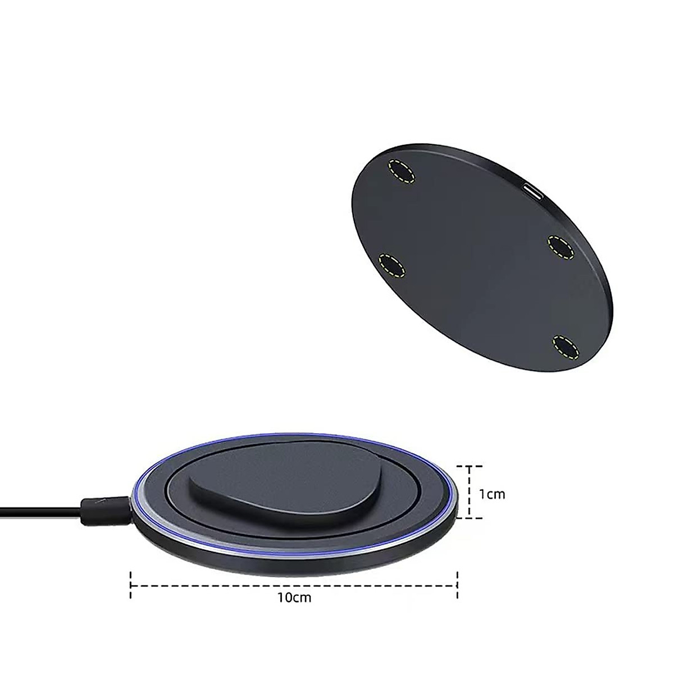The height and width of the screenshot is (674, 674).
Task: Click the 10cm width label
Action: [294, 613]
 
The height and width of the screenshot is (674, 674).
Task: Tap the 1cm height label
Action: [492, 494]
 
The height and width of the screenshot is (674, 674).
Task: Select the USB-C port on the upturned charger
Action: [533, 192]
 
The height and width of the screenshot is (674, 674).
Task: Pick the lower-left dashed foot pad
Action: [393, 265]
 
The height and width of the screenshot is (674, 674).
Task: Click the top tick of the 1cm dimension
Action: [468, 466]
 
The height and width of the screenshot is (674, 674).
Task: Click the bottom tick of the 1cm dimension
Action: [468, 518]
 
